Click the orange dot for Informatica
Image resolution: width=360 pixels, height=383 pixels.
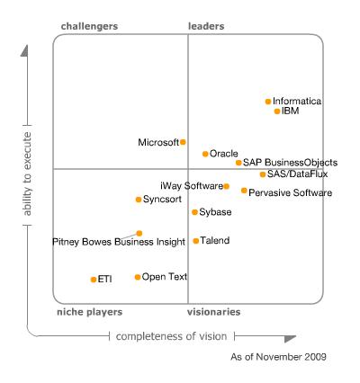(x=268, y=102)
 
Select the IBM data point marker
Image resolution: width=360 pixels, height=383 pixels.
(x=277, y=111)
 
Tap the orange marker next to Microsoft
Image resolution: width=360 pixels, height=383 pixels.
(x=183, y=142)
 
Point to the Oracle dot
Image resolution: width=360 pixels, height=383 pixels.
(x=205, y=154)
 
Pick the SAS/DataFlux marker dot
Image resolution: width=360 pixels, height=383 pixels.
(x=263, y=174)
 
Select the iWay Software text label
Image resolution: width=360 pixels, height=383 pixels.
(x=191, y=186)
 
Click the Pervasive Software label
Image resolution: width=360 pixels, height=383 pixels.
(x=290, y=192)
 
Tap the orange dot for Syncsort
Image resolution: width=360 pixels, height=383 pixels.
(x=138, y=200)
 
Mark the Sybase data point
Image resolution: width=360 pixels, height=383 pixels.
(x=194, y=212)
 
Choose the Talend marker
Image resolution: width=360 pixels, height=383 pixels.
(x=196, y=241)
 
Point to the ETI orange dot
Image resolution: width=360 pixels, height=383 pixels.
(x=94, y=280)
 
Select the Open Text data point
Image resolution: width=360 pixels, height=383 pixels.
(x=138, y=277)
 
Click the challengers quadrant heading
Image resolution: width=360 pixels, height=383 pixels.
(x=89, y=27)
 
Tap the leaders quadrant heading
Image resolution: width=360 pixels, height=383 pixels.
(x=206, y=27)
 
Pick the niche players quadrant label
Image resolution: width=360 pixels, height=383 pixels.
(x=88, y=312)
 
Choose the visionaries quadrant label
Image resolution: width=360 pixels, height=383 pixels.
(x=214, y=312)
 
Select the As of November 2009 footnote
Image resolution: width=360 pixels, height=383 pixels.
(x=279, y=357)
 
